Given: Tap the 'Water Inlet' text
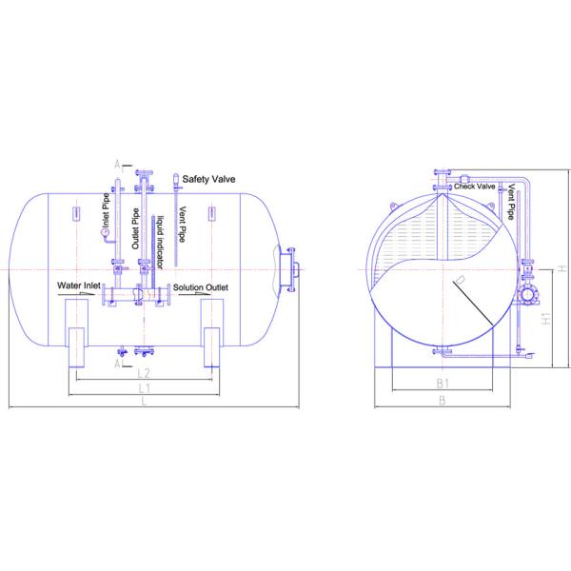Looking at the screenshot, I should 80,285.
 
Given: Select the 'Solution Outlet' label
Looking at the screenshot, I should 200,287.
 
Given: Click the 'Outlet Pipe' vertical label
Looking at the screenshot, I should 136,227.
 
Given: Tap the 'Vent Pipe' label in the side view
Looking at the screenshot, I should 512,203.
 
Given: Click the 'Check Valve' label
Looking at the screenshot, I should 475,187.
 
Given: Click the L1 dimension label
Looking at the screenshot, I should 143,390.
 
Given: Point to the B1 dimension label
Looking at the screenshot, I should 442,384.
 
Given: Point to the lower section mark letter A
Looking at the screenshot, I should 117,363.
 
